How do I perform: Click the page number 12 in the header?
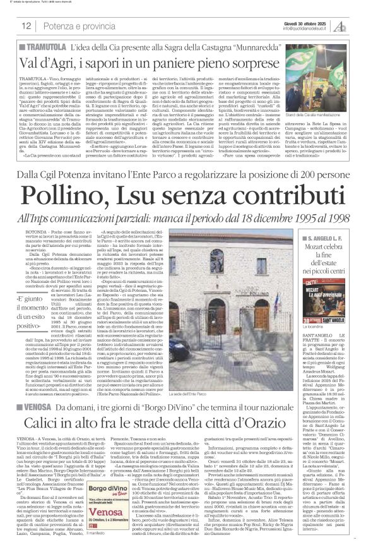[x=27, y=26]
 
